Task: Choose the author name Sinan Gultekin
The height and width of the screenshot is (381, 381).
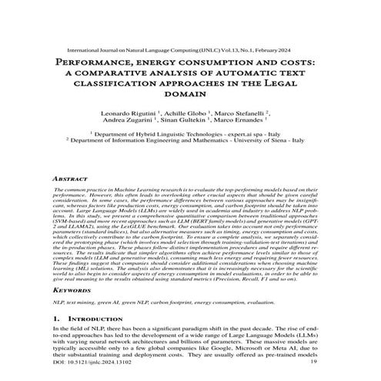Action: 192,121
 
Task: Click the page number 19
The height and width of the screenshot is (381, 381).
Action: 334,371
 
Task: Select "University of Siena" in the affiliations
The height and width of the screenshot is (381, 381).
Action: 280,141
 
